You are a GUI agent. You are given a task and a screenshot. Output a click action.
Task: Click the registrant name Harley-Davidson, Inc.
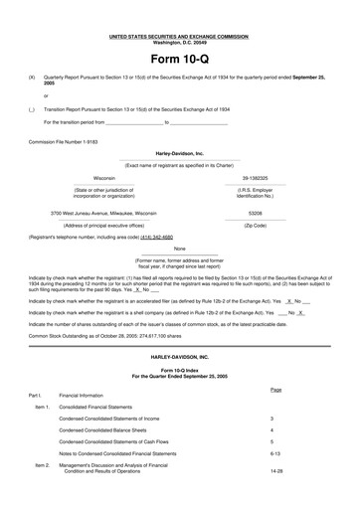point(179,154)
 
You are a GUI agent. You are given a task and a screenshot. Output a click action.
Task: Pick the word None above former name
point(179,249)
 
